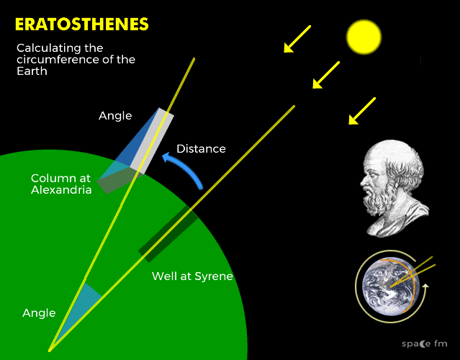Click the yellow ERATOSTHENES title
[82, 24]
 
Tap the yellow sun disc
[364, 37]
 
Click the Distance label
[201, 149]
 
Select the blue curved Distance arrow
[185, 168]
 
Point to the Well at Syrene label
[192, 276]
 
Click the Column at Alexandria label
[61, 184]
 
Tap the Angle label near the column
[115, 116]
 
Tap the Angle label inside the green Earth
[39, 313]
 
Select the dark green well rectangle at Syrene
[168, 234]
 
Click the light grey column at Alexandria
[152, 141]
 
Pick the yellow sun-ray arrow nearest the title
[297, 39]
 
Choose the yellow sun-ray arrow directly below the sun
[326, 75]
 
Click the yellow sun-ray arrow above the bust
[362, 111]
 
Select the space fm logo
[424, 343]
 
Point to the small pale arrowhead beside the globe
[425, 286]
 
